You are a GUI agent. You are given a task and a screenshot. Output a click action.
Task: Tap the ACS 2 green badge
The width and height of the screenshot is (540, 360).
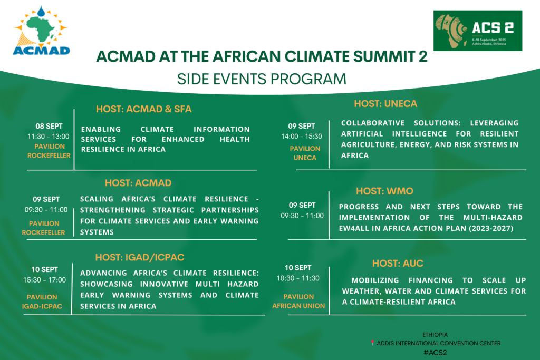click(x=478, y=31)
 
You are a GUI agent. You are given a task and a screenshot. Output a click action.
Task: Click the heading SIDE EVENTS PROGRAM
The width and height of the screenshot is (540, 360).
click(x=262, y=79)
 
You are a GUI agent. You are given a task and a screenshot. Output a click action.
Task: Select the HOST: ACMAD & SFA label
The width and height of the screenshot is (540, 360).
click(x=143, y=109)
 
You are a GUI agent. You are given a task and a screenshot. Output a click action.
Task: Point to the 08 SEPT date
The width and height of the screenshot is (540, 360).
click(x=49, y=126)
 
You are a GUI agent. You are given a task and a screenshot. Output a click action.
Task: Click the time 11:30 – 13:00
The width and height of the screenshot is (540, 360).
click(x=48, y=137)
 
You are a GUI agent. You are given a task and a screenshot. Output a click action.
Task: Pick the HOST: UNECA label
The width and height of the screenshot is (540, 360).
click(x=385, y=104)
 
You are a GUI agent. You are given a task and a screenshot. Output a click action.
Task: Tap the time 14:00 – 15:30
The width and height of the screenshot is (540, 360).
click(x=301, y=137)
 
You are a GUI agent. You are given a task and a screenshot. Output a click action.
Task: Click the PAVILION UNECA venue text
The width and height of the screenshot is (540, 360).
click(x=305, y=153)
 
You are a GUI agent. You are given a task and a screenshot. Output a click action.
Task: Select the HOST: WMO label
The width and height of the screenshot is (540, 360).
click(x=384, y=191)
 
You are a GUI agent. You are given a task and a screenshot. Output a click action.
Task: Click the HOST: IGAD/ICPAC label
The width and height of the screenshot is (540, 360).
click(x=139, y=257)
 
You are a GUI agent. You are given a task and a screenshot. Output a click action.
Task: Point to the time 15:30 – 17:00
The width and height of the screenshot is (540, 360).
click(x=44, y=280)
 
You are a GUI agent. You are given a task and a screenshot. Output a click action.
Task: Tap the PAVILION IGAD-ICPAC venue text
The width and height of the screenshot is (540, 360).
click(x=42, y=301)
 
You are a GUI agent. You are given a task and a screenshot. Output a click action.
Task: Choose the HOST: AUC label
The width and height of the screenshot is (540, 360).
click(x=398, y=264)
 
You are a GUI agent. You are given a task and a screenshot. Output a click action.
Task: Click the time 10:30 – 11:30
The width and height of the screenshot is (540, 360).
click(x=298, y=278)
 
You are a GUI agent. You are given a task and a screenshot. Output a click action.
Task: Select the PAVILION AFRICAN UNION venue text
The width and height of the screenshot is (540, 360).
click(x=298, y=301)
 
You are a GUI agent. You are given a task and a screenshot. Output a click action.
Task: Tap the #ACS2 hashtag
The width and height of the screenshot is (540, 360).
click(x=435, y=353)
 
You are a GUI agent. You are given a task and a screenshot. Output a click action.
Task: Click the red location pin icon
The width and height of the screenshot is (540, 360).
click(x=372, y=343)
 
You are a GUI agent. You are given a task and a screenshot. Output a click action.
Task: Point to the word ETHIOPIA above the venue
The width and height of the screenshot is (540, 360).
click(x=435, y=335)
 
